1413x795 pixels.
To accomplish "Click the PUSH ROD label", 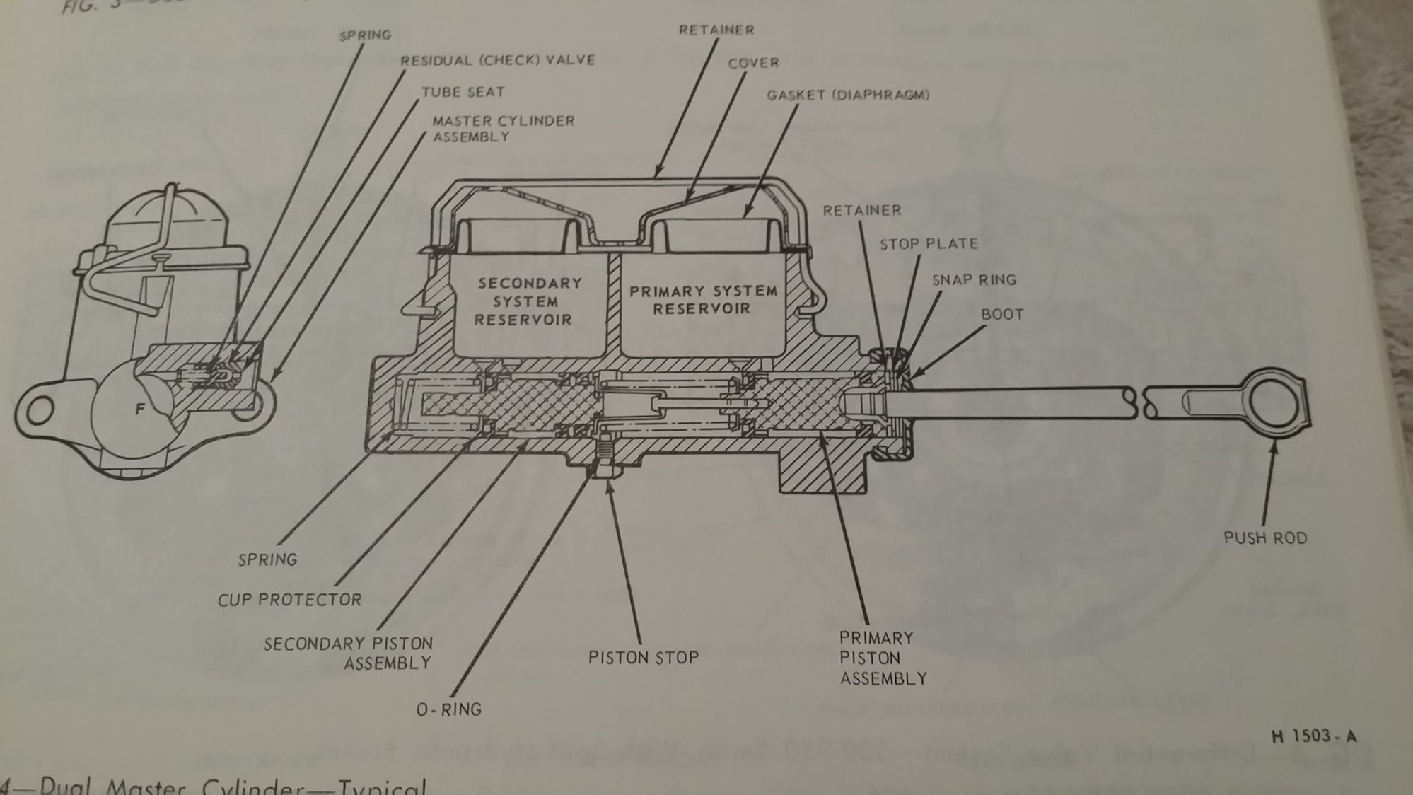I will click(x=1265, y=538).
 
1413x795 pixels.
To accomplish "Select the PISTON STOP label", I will click(x=643, y=658).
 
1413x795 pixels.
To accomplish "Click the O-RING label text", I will click(x=448, y=709).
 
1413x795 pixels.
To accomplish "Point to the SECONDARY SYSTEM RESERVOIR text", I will click(x=529, y=301).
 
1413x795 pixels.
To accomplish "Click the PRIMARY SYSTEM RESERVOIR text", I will click(x=703, y=300).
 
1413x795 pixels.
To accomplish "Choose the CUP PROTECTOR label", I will click(x=289, y=600).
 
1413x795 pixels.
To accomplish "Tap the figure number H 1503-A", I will click(x=1313, y=736).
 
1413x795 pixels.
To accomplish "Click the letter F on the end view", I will click(x=140, y=409).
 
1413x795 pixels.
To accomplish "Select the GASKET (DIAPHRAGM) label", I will click(x=847, y=95).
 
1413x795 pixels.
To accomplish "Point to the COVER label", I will click(x=752, y=63).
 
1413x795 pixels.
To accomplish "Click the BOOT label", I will click(x=1001, y=314).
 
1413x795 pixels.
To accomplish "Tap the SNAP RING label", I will click(x=973, y=279).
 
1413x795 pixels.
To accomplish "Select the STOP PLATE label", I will click(x=929, y=244).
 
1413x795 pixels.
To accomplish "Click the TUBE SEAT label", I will click(x=463, y=92).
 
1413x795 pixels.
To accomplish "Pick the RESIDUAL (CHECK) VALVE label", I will click(x=497, y=60).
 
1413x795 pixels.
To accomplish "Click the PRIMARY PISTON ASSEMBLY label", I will click(x=881, y=658).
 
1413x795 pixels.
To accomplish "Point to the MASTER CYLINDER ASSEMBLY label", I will click(x=503, y=128).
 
